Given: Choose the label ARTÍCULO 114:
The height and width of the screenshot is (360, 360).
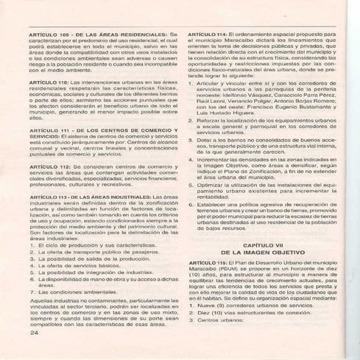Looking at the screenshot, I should [208, 35].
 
